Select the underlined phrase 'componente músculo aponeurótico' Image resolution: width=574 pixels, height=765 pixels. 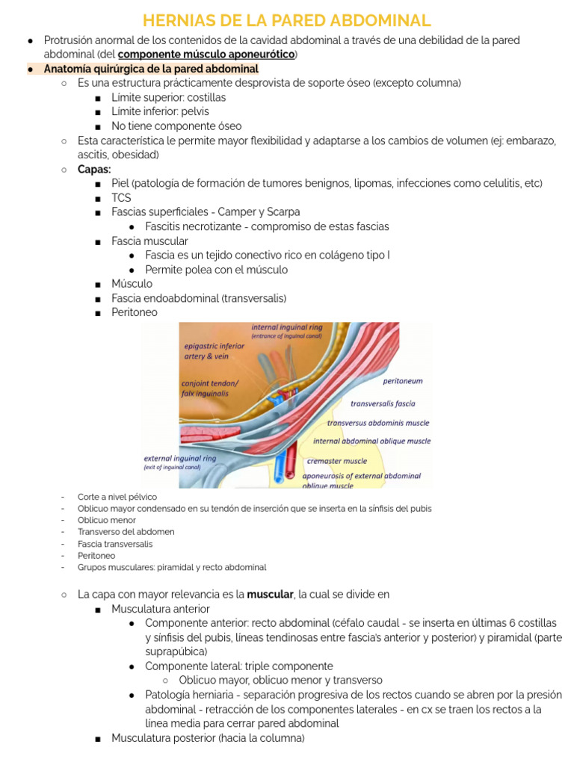coord(206,55)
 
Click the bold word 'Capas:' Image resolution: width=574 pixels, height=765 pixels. coord(94,169)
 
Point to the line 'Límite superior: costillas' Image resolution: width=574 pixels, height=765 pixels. coord(168,97)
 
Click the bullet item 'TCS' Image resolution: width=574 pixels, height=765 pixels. coord(121,198)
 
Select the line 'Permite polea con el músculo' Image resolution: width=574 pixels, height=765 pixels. coord(216,270)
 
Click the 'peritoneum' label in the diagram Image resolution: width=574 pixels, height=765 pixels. coord(402,381)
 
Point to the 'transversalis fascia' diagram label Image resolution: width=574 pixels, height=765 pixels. coord(383,403)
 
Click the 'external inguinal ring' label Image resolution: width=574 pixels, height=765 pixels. coord(179,458)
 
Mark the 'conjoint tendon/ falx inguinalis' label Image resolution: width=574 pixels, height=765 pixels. coord(210,388)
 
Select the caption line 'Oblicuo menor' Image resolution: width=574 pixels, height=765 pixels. coord(106,520)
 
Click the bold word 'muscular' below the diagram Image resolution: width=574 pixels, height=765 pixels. coord(270,595)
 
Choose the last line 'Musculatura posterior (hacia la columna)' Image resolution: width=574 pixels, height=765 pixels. coord(208,738)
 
